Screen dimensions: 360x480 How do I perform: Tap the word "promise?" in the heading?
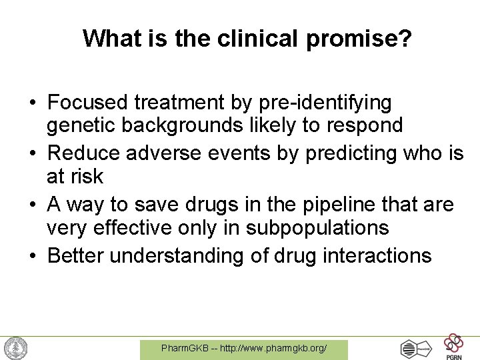coord(360,39)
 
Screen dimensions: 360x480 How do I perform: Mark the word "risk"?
coord(85,176)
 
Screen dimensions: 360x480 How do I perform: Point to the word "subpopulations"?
coord(317,227)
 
